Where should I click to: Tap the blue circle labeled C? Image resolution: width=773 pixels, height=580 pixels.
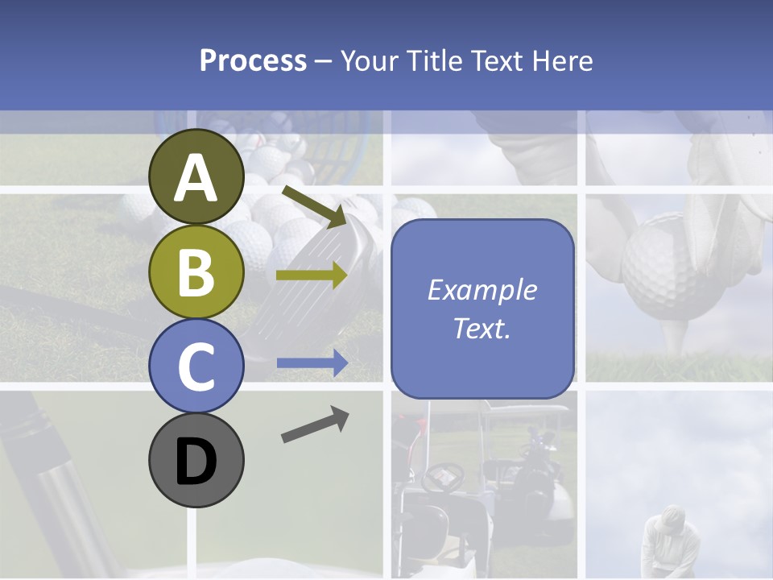(x=196, y=366)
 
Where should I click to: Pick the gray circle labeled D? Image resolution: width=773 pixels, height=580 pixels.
(x=196, y=460)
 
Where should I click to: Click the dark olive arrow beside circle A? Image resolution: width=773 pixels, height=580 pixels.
(x=314, y=205)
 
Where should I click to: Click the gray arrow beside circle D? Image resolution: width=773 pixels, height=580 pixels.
(x=315, y=425)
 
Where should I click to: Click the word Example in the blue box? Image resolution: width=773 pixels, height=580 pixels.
(x=482, y=290)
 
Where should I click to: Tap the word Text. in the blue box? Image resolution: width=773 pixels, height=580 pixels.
(x=482, y=329)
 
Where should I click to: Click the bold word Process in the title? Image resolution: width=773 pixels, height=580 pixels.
(x=253, y=60)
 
